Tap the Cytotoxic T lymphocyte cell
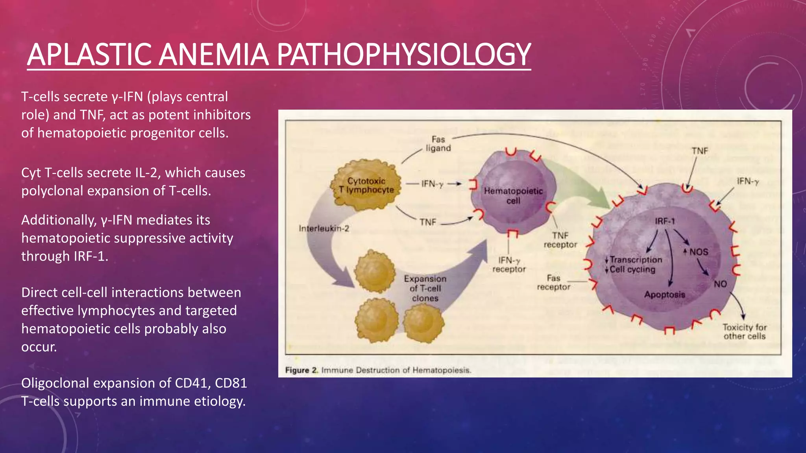coord(366,185)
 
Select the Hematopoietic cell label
coord(513,196)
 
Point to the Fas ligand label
coord(438,144)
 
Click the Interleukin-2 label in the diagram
coord(324,228)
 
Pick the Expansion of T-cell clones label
coord(425,288)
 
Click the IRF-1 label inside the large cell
coord(665,221)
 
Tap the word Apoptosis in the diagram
coord(665,294)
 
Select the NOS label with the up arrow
coord(696,252)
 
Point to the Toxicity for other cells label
coord(744,331)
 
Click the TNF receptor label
coord(560,240)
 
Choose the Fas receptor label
coord(553,282)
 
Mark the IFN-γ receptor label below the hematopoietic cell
coord(509,265)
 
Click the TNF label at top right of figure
coord(700,151)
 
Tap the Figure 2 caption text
coord(378,370)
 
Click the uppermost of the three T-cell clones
coord(375,271)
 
